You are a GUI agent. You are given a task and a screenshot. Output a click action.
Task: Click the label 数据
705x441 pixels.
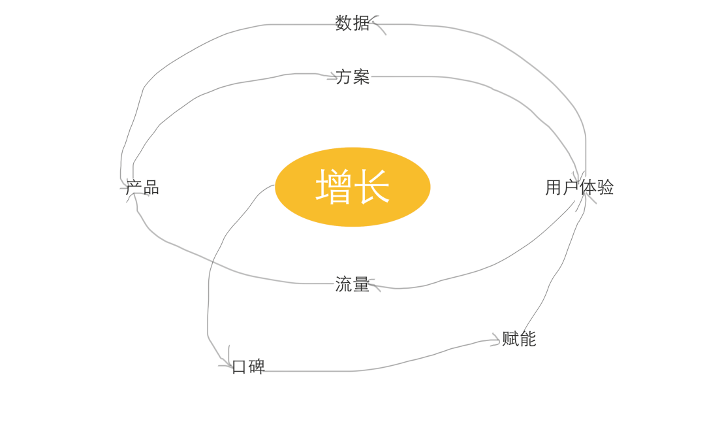(x=352, y=23)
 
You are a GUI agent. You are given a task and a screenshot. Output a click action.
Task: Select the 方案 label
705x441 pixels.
(x=352, y=76)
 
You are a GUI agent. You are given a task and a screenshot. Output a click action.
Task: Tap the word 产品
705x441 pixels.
(x=142, y=188)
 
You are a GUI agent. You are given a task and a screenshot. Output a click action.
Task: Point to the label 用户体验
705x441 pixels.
(x=579, y=188)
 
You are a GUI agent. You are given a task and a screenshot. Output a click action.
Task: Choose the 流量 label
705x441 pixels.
(x=352, y=284)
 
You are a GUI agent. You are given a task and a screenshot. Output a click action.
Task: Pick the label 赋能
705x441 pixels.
(x=519, y=338)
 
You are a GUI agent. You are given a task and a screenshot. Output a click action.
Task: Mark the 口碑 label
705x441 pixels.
(x=248, y=367)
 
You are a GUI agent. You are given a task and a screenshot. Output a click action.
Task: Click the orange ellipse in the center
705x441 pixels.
(x=352, y=209)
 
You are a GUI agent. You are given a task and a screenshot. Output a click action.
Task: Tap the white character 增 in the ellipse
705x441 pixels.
(x=334, y=187)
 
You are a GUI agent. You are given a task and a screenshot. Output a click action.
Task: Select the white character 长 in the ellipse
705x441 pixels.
(x=372, y=187)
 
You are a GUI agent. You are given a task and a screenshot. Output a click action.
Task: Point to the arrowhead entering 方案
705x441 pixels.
(x=334, y=77)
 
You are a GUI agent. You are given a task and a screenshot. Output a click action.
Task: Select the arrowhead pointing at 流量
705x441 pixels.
(x=372, y=284)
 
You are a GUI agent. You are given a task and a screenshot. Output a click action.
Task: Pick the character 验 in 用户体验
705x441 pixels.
(x=605, y=188)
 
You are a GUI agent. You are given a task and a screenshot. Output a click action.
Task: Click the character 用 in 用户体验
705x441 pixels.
(x=554, y=188)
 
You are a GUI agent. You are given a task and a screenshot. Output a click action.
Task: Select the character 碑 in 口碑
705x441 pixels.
(x=257, y=367)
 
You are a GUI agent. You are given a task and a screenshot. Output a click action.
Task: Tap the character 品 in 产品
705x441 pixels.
(x=151, y=188)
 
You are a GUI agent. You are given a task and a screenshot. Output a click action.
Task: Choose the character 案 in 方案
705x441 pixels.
(x=361, y=76)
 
